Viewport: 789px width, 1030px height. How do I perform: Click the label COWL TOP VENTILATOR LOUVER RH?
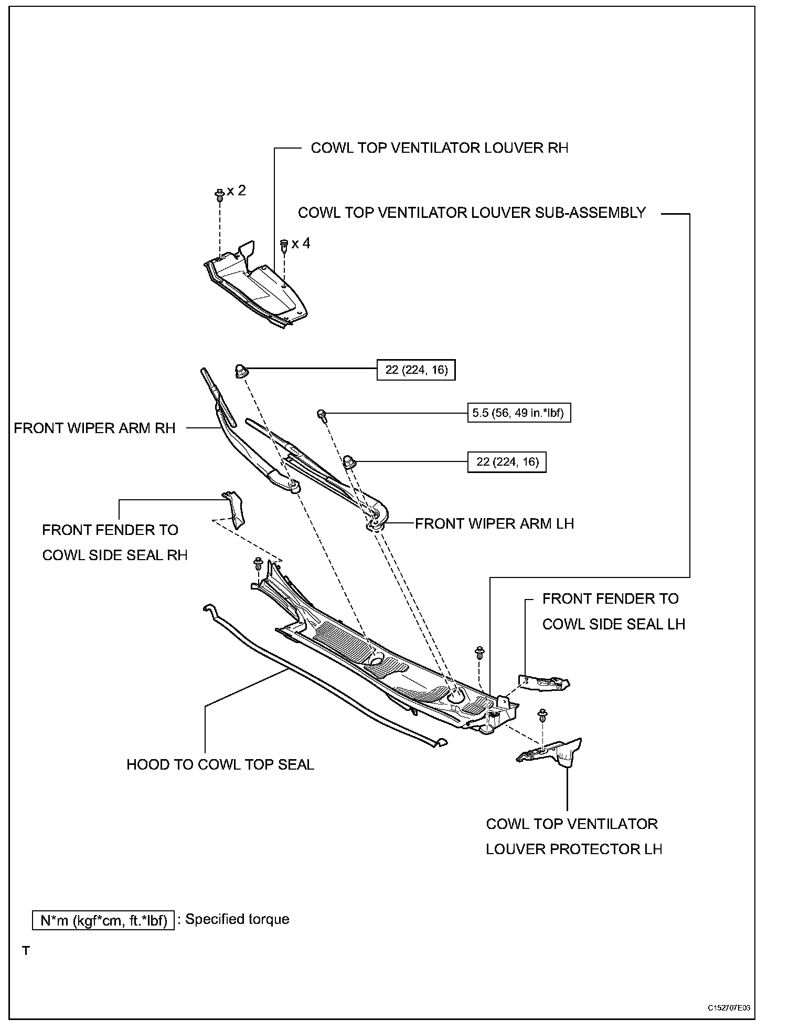[439, 148]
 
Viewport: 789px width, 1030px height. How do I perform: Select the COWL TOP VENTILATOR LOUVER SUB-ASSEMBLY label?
[472, 213]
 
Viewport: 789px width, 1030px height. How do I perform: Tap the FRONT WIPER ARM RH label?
[94, 428]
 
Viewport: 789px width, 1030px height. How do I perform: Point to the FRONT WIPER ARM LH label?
[494, 524]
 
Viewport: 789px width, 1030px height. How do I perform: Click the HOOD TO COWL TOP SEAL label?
[220, 765]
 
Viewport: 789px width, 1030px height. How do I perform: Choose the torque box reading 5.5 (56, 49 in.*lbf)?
[518, 413]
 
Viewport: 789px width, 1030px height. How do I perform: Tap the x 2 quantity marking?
[237, 191]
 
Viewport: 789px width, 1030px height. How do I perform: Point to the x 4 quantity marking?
[301, 244]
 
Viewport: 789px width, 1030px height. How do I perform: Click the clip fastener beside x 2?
[220, 194]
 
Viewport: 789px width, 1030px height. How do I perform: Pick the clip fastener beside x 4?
[284, 244]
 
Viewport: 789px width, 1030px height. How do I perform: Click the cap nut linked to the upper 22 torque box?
[241, 371]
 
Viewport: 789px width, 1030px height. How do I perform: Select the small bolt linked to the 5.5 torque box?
[322, 415]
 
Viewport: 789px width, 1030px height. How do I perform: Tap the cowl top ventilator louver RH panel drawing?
[257, 286]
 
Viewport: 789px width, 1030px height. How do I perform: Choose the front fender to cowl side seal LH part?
[543, 683]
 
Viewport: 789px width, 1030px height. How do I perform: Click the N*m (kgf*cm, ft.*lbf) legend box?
[103, 920]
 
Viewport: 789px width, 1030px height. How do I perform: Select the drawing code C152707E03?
[729, 1008]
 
